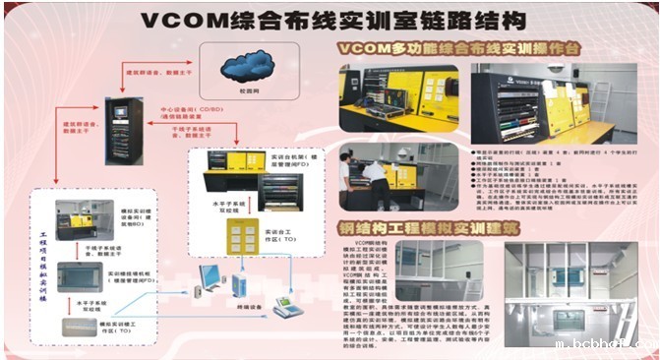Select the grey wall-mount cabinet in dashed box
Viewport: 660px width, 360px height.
tap(86, 276)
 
